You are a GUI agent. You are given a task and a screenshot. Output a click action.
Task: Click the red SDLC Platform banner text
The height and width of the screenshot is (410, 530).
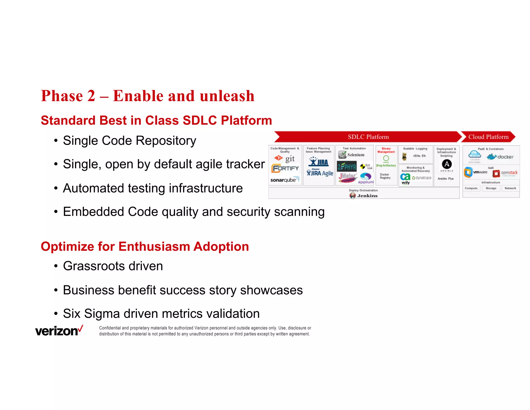(x=368, y=137)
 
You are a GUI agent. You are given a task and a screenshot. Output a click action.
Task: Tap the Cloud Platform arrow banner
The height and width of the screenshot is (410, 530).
(x=488, y=137)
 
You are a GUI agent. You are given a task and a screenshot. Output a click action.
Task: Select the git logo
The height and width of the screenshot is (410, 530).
(x=285, y=158)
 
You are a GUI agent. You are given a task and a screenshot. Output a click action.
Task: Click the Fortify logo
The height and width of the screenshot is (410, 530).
(x=285, y=168)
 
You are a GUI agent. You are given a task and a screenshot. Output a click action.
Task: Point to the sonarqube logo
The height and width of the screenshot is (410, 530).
(x=285, y=180)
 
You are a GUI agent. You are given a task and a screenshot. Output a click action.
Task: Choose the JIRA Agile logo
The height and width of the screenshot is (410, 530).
(x=320, y=173)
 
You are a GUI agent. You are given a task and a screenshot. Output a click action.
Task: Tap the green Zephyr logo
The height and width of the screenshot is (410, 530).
(x=347, y=167)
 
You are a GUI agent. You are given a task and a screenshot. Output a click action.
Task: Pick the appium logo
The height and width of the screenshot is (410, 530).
(x=366, y=178)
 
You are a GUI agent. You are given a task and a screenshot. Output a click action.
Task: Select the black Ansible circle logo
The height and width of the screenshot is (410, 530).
(x=447, y=164)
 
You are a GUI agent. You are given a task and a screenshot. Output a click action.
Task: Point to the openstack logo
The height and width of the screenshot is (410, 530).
(x=505, y=173)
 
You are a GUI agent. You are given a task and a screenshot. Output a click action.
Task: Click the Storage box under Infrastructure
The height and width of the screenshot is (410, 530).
(x=491, y=188)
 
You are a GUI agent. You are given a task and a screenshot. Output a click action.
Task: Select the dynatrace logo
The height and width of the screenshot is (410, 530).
(x=422, y=178)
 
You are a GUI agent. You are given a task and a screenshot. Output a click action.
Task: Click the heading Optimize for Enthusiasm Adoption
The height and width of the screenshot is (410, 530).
(x=145, y=246)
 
